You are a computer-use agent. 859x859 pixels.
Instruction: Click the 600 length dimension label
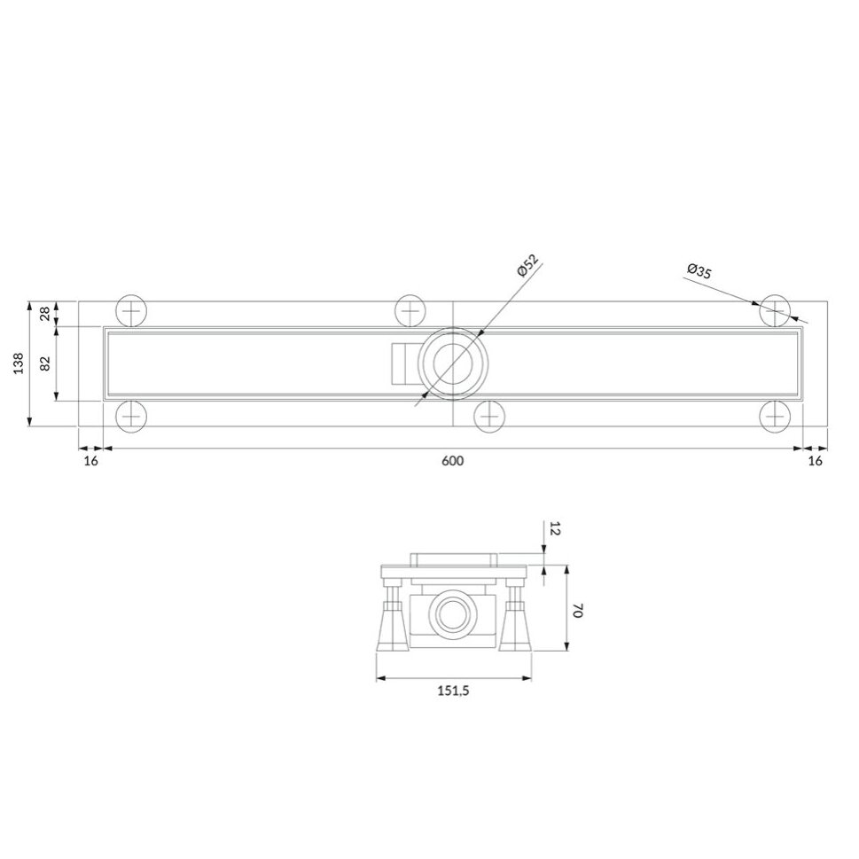coord(452,461)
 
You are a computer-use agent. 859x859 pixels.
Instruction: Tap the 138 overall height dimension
coord(19,363)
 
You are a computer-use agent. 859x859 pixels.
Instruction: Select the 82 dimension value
coord(45,363)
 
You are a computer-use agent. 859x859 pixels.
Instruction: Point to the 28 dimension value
coord(45,314)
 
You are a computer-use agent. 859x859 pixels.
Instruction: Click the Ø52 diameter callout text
coord(528,265)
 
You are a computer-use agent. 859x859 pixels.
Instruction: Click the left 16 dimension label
coord(91,461)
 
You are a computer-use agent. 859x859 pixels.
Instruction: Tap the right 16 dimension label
coord(816,461)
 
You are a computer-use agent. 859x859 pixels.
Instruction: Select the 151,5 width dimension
coord(453,691)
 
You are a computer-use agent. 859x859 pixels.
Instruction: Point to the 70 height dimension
coord(577,611)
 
